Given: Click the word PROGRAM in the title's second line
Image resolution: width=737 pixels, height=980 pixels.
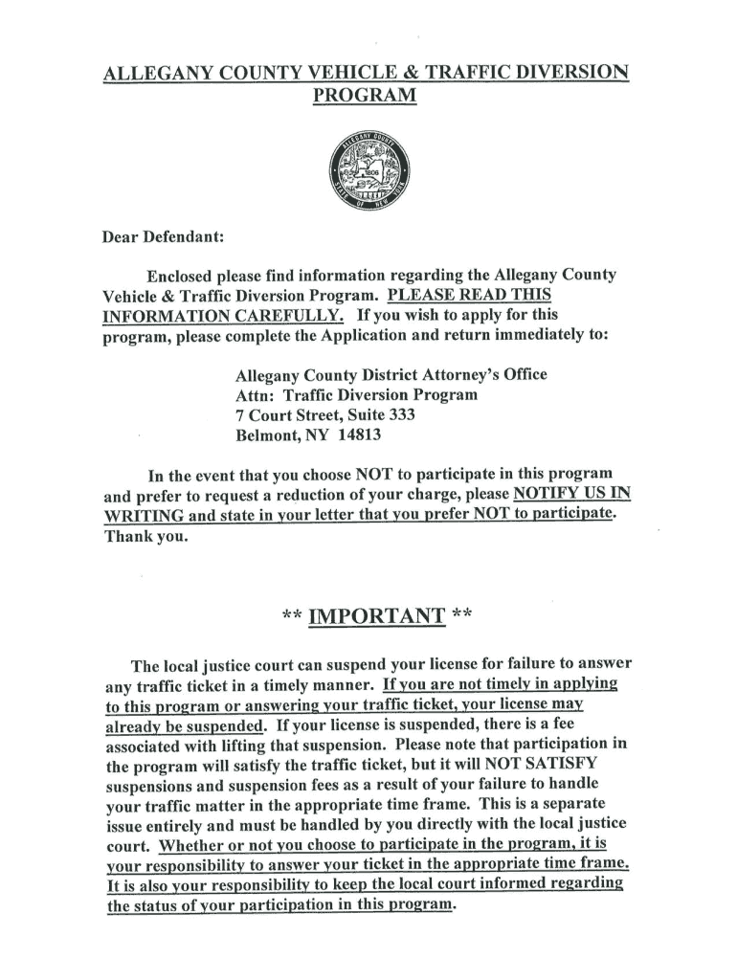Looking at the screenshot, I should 367,97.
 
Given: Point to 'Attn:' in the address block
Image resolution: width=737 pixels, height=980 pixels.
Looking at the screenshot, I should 255,394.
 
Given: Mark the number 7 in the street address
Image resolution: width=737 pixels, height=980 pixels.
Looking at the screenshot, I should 240,414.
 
